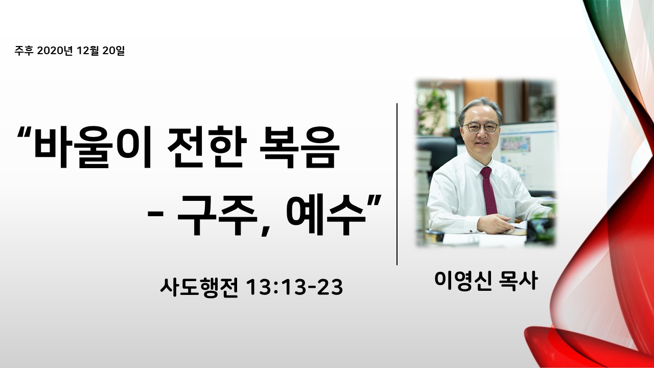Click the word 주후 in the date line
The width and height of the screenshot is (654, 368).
pyautogui.click(x=24, y=50)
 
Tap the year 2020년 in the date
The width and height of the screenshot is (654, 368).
pyautogui.click(x=55, y=50)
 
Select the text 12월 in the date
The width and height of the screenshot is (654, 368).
pyautogui.click(x=87, y=50)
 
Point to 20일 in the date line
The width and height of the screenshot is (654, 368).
pyautogui.click(x=113, y=50)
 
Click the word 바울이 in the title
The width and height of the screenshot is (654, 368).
pyautogui.click(x=92, y=147)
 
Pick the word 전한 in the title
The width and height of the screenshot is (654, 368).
pyautogui.click(x=205, y=147)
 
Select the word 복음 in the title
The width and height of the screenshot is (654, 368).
pyautogui.click(x=299, y=147)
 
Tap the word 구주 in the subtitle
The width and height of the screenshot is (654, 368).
pyautogui.click(x=216, y=215)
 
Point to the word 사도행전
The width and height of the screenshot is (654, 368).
pyautogui.click(x=199, y=287)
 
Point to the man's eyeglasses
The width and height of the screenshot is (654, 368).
pyautogui.click(x=481, y=127)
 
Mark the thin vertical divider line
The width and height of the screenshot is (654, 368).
pyautogui.click(x=397, y=184)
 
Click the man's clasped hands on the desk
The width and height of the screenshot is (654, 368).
pyautogui.click(x=495, y=223)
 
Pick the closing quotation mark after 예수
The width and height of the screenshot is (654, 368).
pyautogui.click(x=375, y=201)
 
